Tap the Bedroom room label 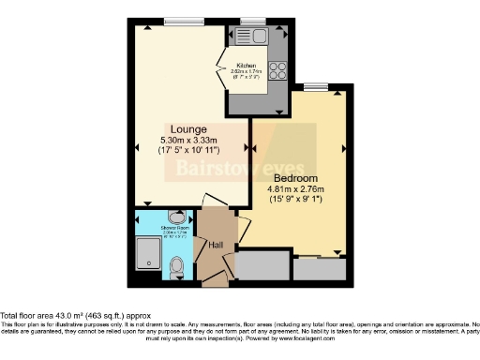(x=295, y=178)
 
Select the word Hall (x=215, y=246)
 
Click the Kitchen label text (x=246, y=65)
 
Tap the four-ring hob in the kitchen (x=278, y=69)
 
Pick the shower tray (x=146, y=257)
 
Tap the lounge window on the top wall (x=179, y=22)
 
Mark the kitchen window (x=251, y=22)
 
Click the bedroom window (x=315, y=86)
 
